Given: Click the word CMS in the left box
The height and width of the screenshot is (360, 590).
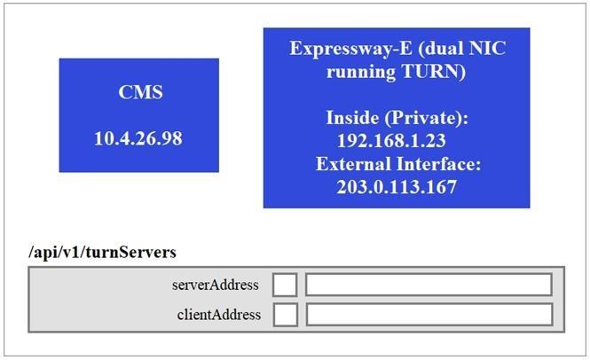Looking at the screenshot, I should pyautogui.click(x=139, y=92).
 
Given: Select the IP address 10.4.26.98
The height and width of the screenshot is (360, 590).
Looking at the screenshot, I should pyautogui.click(x=138, y=138).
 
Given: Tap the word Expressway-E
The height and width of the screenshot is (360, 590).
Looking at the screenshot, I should pyautogui.click(x=342, y=48).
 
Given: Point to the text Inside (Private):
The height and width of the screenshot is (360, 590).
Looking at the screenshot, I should pyautogui.click(x=396, y=118).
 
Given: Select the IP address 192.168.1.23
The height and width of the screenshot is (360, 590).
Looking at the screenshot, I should pyautogui.click(x=390, y=141).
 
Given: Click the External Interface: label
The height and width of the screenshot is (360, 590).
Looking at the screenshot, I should pyautogui.click(x=397, y=164).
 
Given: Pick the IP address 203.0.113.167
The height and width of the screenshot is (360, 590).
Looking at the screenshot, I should pyautogui.click(x=396, y=187).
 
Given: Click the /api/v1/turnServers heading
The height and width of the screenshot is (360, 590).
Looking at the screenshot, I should pyautogui.click(x=102, y=253).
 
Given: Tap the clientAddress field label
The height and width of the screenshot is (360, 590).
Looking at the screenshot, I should pyautogui.click(x=218, y=314).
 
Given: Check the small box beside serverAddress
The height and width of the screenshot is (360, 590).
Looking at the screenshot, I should pyautogui.click(x=285, y=285).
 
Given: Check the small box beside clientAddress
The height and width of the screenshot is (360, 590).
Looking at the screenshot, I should pyautogui.click(x=285, y=315).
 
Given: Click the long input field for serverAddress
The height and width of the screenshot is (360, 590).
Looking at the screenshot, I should pyautogui.click(x=429, y=285).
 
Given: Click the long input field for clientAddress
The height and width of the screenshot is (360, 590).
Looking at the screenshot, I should pyautogui.click(x=429, y=315).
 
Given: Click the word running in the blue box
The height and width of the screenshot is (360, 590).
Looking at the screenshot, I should pyautogui.click(x=360, y=72).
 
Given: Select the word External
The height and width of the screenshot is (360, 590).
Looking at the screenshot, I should pyautogui.click(x=352, y=164).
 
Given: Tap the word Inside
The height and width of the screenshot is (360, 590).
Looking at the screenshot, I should pyautogui.click(x=352, y=118).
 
